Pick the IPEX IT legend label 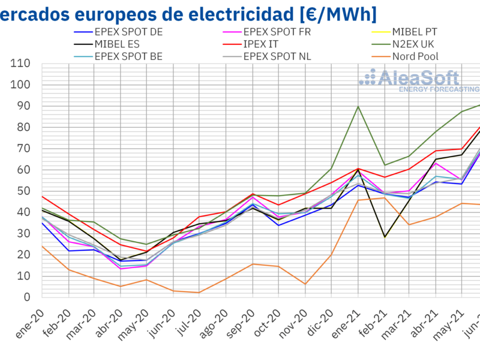[267, 44]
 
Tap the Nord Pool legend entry [415, 57]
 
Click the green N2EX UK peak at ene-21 [358, 107]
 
